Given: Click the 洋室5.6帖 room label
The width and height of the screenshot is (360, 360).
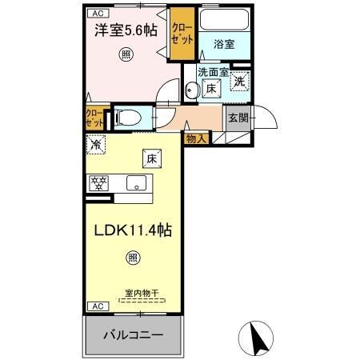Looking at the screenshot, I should (126, 30).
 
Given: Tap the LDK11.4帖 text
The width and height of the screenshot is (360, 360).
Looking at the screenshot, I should (134, 230).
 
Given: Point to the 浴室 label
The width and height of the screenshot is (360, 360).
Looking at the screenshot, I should (224, 45).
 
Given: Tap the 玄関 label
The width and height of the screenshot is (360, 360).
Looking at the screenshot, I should (238, 118).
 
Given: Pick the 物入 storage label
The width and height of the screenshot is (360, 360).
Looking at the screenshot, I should (196, 138).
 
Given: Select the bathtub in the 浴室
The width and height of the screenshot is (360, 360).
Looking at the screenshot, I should (224, 22).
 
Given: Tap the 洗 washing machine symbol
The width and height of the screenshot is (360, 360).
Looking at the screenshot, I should (240, 80).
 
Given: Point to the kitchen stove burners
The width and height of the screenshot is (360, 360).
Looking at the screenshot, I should (98, 182).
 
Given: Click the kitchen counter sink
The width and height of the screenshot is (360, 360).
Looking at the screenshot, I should (137, 182).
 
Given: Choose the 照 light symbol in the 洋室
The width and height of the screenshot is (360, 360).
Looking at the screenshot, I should (126, 54).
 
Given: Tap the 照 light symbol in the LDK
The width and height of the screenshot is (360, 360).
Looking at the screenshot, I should (132, 258).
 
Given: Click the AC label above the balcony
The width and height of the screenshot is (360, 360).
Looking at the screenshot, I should (95, 306).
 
